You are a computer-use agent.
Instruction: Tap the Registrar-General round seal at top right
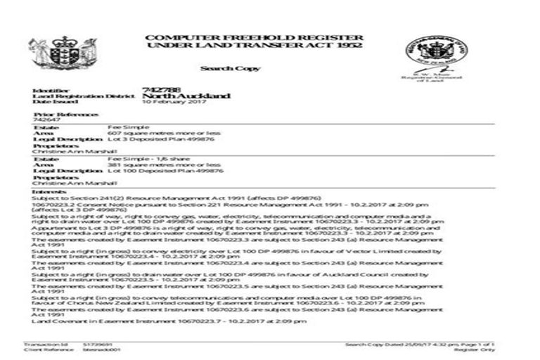point(425,51)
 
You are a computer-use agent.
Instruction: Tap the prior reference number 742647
point(45,120)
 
